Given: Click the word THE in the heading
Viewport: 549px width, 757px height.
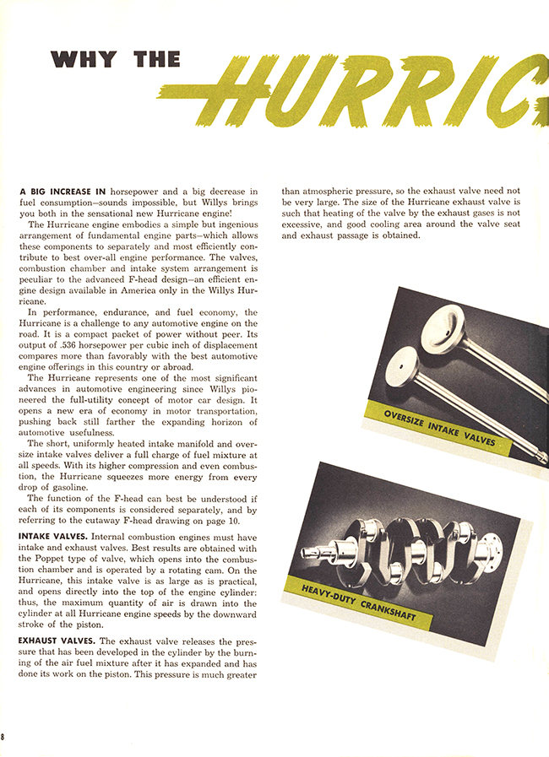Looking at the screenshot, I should pos(157,60).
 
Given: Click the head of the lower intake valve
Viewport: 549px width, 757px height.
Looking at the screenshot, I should pos(394,365).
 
